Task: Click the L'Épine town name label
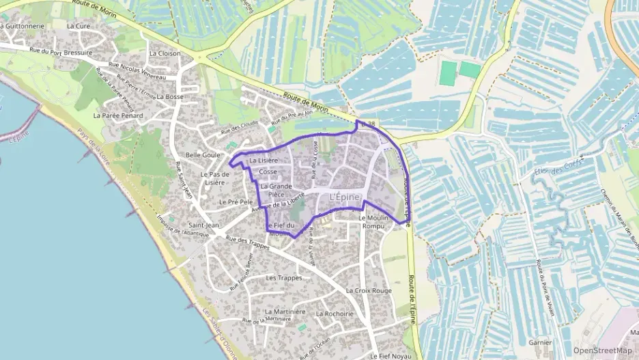(344, 197)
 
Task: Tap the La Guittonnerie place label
(22, 26)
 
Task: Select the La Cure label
(79, 26)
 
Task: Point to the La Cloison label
(165, 53)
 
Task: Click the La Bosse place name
(170, 97)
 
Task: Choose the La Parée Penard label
(118, 116)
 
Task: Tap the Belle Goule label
(203, 155)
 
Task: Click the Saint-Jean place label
(203, 225)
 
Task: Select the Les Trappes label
(284, 278)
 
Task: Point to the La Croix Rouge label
(369, 290)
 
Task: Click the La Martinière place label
(285, 311)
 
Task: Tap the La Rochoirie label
(335, 314)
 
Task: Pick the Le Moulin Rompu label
(373, 222)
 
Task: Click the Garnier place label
(539, 342)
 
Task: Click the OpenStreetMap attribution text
(603, 350)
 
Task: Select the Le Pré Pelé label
(236, 202)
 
